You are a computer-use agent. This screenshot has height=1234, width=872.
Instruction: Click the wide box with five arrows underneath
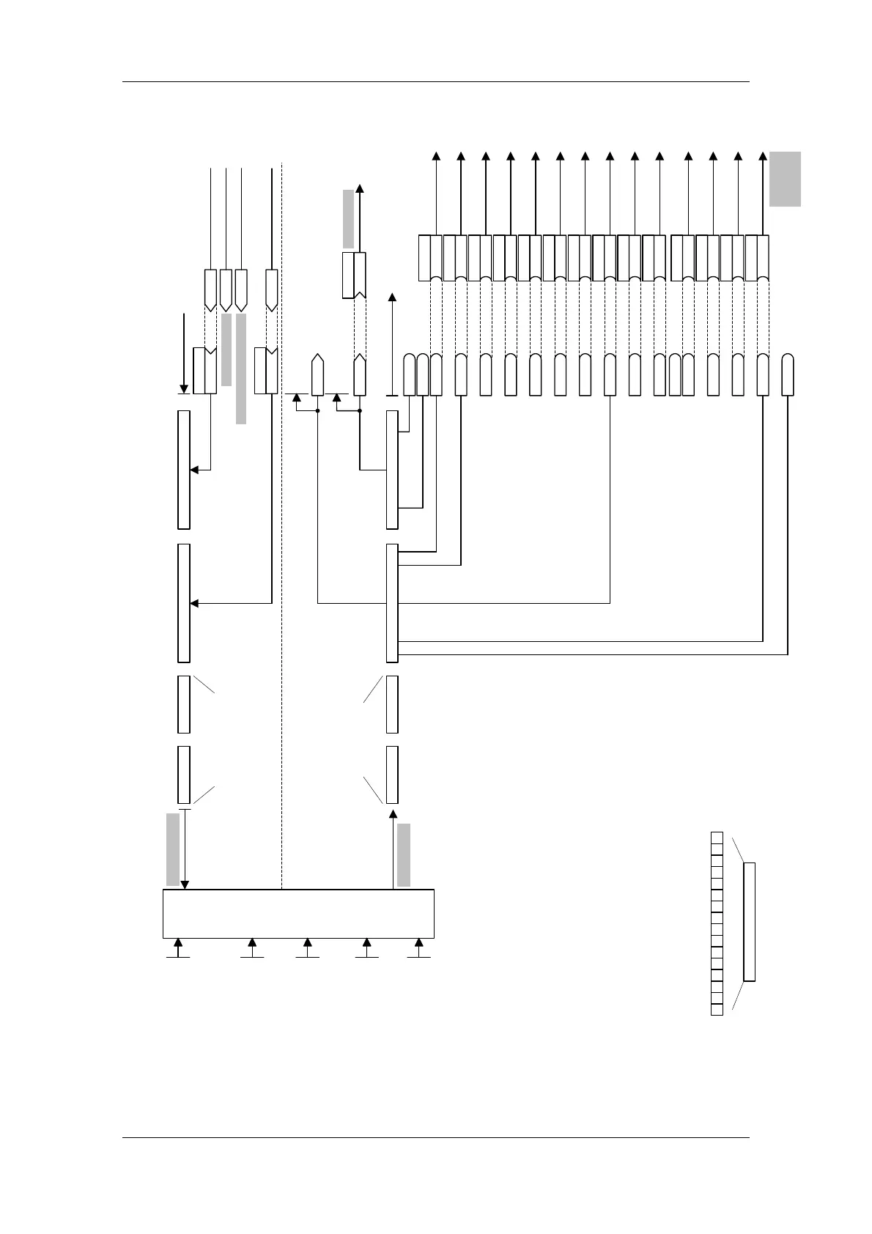(298, 913)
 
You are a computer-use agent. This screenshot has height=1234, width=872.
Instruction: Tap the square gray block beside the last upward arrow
(785, 179)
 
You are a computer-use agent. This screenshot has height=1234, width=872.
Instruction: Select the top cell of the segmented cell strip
(717, 838)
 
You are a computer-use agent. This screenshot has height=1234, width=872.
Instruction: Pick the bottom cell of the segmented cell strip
(717, 1009)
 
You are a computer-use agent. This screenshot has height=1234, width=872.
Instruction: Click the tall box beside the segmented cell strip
(749, 922)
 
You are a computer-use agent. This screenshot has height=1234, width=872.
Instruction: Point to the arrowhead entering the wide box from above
(185, 884)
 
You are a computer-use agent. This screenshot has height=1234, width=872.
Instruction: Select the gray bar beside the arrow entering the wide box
(173, 849)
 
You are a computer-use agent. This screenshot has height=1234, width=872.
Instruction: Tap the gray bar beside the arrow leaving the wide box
(404, 855)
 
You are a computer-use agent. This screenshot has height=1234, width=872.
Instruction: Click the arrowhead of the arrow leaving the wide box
(393, 814)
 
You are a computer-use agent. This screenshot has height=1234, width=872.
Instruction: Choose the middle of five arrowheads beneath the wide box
(308, 942)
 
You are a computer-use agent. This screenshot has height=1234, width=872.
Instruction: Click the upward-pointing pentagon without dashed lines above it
(317, 375)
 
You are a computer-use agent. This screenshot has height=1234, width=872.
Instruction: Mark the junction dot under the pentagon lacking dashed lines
(317, 411)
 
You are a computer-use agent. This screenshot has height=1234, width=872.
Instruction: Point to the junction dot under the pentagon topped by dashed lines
(360, 411)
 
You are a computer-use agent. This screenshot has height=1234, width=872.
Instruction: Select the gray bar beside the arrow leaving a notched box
(348, 218)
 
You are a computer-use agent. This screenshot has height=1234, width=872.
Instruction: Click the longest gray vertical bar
(240, 369)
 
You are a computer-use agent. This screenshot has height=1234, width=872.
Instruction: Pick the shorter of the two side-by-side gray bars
(226, 350)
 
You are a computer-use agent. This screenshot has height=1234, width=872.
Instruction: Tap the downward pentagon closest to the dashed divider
(272, 290)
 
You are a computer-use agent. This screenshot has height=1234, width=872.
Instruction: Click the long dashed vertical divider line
(282, 513)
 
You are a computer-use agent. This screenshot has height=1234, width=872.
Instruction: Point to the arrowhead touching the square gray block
(763, 155)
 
